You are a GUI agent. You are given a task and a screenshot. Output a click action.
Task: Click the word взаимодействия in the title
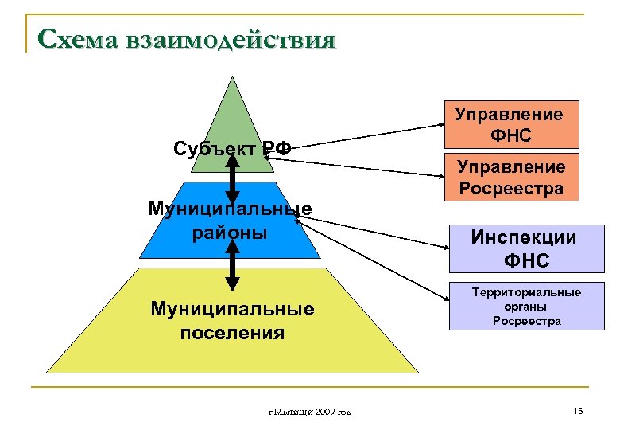pos(229,39)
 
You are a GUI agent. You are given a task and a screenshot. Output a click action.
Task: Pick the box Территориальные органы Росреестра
pos(526,307)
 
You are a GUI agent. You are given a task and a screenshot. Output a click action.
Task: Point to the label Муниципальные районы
pos(230,221)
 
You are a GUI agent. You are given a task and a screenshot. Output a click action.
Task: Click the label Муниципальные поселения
pos(232,319)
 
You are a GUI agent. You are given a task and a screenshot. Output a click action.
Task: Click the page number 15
pos(577,411)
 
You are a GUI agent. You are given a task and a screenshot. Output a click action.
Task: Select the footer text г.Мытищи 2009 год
pos(311,412)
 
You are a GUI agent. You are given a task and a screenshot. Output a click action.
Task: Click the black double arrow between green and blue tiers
pos(232,178)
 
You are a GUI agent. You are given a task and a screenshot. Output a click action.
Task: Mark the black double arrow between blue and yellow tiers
pos(232,264)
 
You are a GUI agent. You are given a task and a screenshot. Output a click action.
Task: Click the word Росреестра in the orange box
pos(510,189)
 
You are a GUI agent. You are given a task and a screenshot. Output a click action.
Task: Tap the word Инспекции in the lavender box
pos(523,236)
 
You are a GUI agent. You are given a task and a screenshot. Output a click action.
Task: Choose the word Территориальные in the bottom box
pos(526,292)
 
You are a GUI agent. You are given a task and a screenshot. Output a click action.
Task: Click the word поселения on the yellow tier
pos(232,331)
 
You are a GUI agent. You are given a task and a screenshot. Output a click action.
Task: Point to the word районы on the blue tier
pos(230,233)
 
